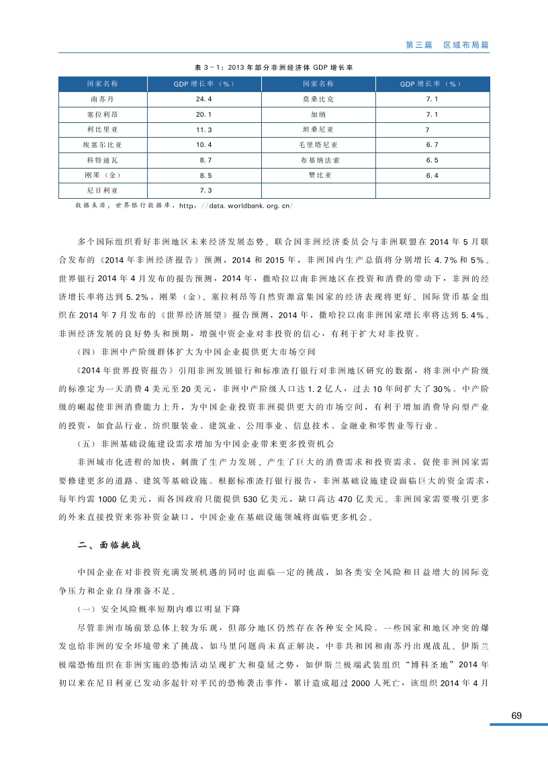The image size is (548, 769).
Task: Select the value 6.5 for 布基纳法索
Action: pos(432,161)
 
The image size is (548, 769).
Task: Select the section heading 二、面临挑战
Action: pos(108,545)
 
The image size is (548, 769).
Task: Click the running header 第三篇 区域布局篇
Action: pos(447,44)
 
